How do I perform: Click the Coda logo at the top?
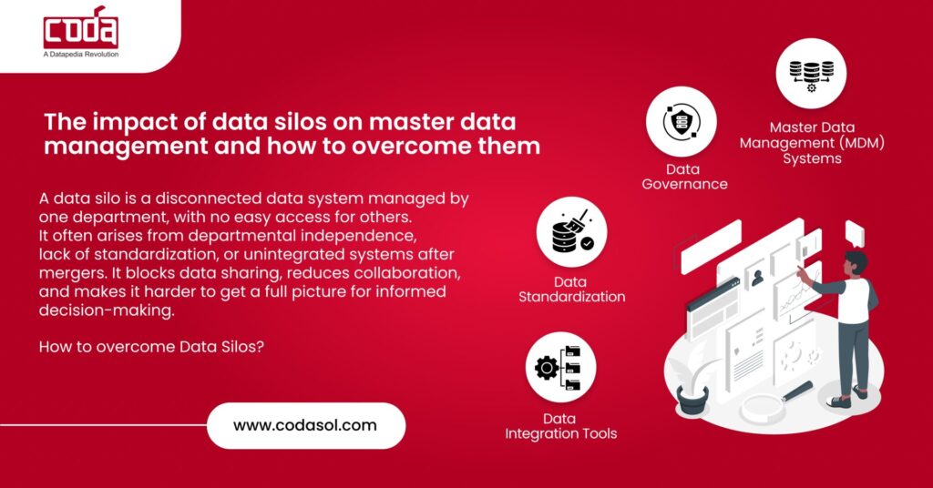click(x=80, y=27)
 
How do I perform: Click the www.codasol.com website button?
click(x=305, y=425)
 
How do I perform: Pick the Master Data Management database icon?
click(x=811, y=73)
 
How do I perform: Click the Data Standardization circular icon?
click(x=571, y=234)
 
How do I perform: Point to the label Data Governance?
click(x=684, y=177)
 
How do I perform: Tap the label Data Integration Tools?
click(x=560, y=426)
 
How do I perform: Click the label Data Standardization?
click(x=571, y=290)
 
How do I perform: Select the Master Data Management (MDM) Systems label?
click(x=812, y=143)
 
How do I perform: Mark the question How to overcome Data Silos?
click(x=152, y=347)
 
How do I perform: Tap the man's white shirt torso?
click(x=855, y=299)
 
